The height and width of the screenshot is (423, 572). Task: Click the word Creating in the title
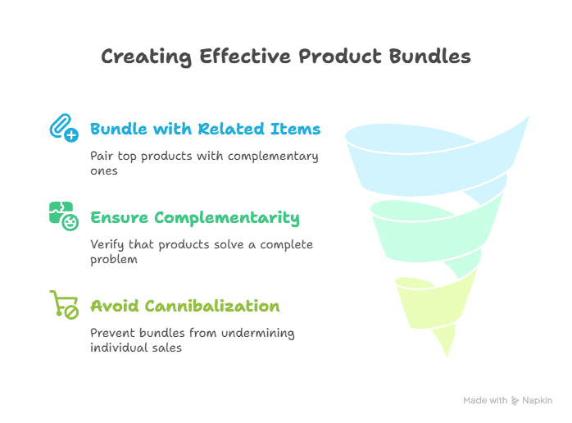click(147, 57)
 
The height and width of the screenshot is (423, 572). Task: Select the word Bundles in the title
click(429, 57)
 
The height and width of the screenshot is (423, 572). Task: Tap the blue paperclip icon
click(64, 127)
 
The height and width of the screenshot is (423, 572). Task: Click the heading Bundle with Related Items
click(206, 129)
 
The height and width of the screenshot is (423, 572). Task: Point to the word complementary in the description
click(273, 157)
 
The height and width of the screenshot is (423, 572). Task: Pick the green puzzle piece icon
click(64, 216)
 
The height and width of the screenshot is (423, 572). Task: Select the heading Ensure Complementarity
click(195, 218)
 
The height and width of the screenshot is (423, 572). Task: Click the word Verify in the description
click(107, 244)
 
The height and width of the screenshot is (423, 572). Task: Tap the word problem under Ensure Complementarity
click(114, 260)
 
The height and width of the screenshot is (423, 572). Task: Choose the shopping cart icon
click(64, 305)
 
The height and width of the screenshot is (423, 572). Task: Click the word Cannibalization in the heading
click(212, 306)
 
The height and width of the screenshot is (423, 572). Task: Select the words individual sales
click(136, 348)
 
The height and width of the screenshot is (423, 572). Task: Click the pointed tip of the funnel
click(447, 357)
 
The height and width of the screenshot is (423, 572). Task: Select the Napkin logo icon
click(515, 401)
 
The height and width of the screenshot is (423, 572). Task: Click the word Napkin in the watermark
click(537, 401)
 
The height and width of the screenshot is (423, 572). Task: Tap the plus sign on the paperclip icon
click(71, 135)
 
